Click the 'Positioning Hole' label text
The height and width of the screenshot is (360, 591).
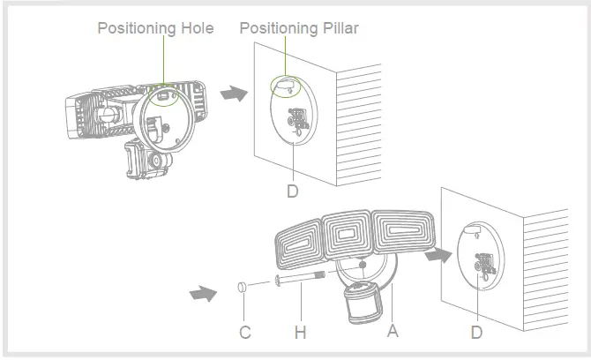point(155,28)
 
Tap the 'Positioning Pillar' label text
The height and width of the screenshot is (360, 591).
point(299,28)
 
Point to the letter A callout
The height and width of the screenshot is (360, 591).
point(392,332)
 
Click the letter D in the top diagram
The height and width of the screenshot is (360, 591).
point(292,189)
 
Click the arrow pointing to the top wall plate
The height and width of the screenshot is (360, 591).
point(233,93)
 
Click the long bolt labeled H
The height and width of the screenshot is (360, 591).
point(300,281)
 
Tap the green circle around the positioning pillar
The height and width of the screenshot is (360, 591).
point(285,85)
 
